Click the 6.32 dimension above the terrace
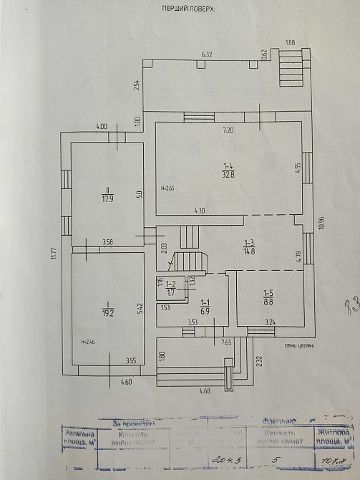(208, 54)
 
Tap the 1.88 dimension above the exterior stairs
(290, 42)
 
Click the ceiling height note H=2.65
(168, 188)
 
